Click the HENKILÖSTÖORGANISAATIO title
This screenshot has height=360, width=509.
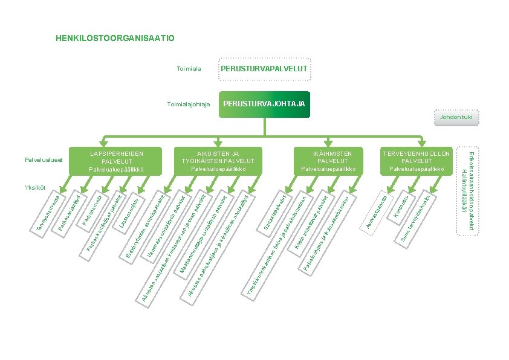(115, 39)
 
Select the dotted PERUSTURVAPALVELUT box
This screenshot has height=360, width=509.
(265, 69)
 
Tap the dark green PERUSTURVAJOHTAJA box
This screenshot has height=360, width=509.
(265, 104)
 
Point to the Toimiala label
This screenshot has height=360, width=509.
(189, 69)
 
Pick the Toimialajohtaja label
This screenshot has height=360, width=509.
(188, 104)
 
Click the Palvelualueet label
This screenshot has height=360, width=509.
(44, 160)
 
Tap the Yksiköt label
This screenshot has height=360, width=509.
(36, 188)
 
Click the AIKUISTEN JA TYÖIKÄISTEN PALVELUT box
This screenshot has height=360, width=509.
(218, 161)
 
